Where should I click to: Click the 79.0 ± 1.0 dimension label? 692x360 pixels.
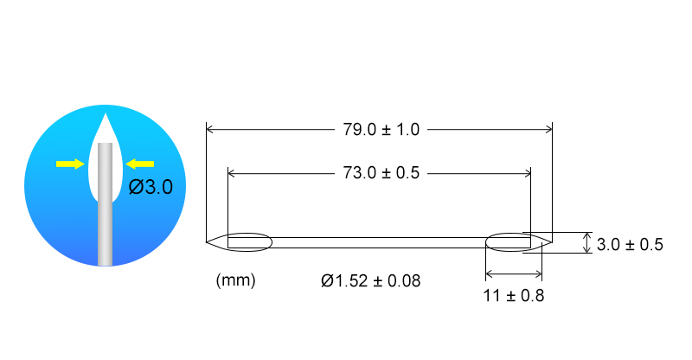(381, 130)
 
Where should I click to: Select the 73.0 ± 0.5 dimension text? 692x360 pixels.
(381, 173)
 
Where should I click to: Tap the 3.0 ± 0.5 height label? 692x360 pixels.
(630, 244)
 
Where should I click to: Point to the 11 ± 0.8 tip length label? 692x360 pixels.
(514, 295)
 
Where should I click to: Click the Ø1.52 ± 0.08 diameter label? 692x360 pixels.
(371, 280)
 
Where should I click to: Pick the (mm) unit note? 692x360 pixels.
(235, 280)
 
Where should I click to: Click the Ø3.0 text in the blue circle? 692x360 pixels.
(151, 187)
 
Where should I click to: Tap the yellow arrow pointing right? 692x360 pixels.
(70, 164)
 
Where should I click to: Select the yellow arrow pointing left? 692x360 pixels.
(140, 164)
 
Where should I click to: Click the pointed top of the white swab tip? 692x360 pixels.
(105, 114)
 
